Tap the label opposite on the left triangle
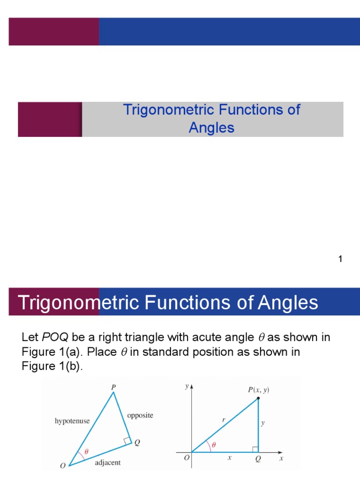(x=140, y=415)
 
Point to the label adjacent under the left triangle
(x=108, y=463)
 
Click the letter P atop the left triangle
(x=113, y=387)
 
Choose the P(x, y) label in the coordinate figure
(x=258, y=390)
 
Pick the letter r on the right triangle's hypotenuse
(x=224, y=420)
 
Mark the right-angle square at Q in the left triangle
(x=127, y=440)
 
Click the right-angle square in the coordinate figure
(x=255, y=450)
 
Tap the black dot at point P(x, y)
(x=258, y=399)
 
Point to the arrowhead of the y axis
(x=192, y=387)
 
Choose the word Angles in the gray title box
(x=211, y=127)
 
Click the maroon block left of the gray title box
(x=50, y=120)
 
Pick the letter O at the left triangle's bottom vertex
(x=63, y=466)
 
